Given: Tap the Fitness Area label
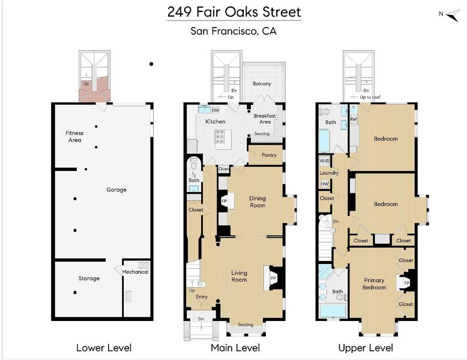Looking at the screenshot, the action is (74, 136).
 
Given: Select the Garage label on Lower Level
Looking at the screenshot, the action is (116, 190).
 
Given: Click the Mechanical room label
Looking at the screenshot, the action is (135, 272).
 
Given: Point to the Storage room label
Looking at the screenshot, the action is (89, 278).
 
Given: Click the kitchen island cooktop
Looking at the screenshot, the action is (220, 136).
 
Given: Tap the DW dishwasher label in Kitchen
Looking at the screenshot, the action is (215, 110).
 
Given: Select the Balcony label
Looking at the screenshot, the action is (262, 83).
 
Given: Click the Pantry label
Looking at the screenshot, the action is (269, 155).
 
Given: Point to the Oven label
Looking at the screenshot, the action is (224, 169).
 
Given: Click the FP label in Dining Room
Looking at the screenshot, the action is (224, 201).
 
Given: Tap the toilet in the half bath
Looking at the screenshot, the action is (194, 163).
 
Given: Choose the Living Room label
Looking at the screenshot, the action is (239, 276).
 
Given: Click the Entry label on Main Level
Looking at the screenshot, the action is (202, 297).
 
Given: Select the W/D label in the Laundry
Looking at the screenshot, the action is (325, 161).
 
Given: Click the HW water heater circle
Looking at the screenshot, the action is (325, 184).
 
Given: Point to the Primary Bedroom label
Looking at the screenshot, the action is (374, 284).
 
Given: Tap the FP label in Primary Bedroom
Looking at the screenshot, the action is (407, 283).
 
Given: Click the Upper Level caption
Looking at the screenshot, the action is (366, 348).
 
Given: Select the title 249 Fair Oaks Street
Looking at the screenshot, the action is (234, 12).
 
